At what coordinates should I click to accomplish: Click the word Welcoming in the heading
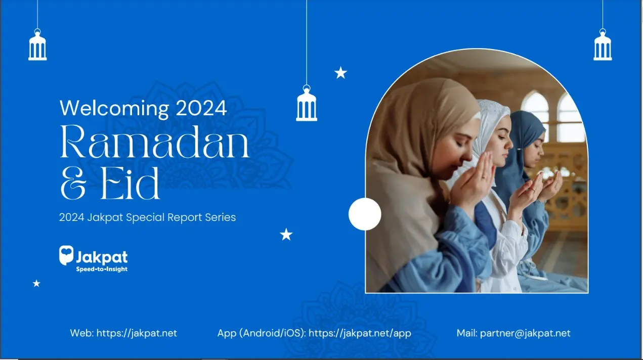click(x=114, y=109)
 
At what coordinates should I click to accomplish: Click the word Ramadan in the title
click(x=154, y=142)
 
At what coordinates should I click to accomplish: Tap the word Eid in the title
click(x=130, y=184)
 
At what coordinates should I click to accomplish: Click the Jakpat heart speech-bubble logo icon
click(x=66, y=255)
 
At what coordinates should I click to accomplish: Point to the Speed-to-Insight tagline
click(x=102, y=269)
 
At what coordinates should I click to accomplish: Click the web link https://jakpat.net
click(x=137, y=333)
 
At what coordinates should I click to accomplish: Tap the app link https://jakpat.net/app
click(x=360, y=333)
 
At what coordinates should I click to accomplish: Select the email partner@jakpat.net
click(x=525, y=333)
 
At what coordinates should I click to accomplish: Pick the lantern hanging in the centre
click(x=307, y=103)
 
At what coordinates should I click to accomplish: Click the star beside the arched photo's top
click(x=341, y=73)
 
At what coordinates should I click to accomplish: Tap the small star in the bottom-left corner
click(x=36, y=284)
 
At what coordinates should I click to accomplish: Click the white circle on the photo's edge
click(x=365, y=214)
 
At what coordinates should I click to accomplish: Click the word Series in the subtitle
click(x=221, y=217)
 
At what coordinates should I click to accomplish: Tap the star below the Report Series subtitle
click(x=286, y=235)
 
